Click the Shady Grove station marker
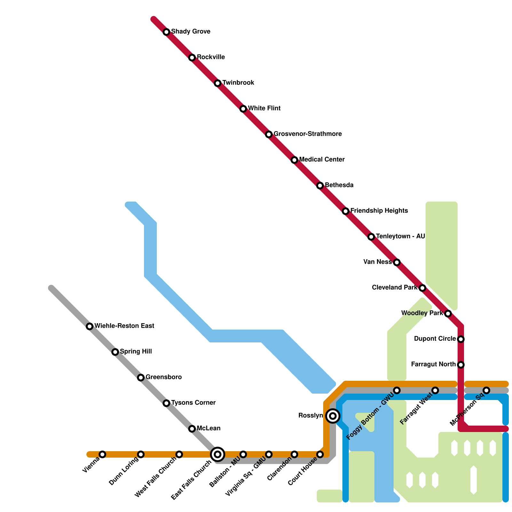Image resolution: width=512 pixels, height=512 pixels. click(166, 32)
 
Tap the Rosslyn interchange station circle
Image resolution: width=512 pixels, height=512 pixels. click(333, 416)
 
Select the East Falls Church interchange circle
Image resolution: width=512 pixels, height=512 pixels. click(218, 454)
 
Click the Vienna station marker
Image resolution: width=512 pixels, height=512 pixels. click(102, 454)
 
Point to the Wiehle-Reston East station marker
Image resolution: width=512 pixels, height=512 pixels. click(90, 326)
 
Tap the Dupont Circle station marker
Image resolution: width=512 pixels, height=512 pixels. click(461, 339)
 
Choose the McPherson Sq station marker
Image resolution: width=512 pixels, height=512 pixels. click(486, 390)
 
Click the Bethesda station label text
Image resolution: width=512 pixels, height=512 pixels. click(339, 185)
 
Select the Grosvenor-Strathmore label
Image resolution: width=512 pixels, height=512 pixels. click(308, 134)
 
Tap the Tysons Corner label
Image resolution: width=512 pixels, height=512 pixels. click(193, 403)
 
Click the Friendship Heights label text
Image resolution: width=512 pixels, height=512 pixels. click(379, 211)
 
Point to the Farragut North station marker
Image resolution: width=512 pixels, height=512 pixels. click(461, 365)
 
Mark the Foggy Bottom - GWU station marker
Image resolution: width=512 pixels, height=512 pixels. click(397, 390)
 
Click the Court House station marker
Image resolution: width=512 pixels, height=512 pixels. click(320, 454)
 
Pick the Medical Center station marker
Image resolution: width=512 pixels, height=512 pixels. click(294, 160)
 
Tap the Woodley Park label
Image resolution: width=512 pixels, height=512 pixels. click(422, 313)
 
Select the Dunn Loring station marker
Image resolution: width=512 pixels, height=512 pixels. click(141, 454)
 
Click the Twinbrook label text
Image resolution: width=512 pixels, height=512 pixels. click(238, 83)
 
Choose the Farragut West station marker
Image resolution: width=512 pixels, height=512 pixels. click(435, 390)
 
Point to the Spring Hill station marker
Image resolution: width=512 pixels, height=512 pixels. click(115, 352)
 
